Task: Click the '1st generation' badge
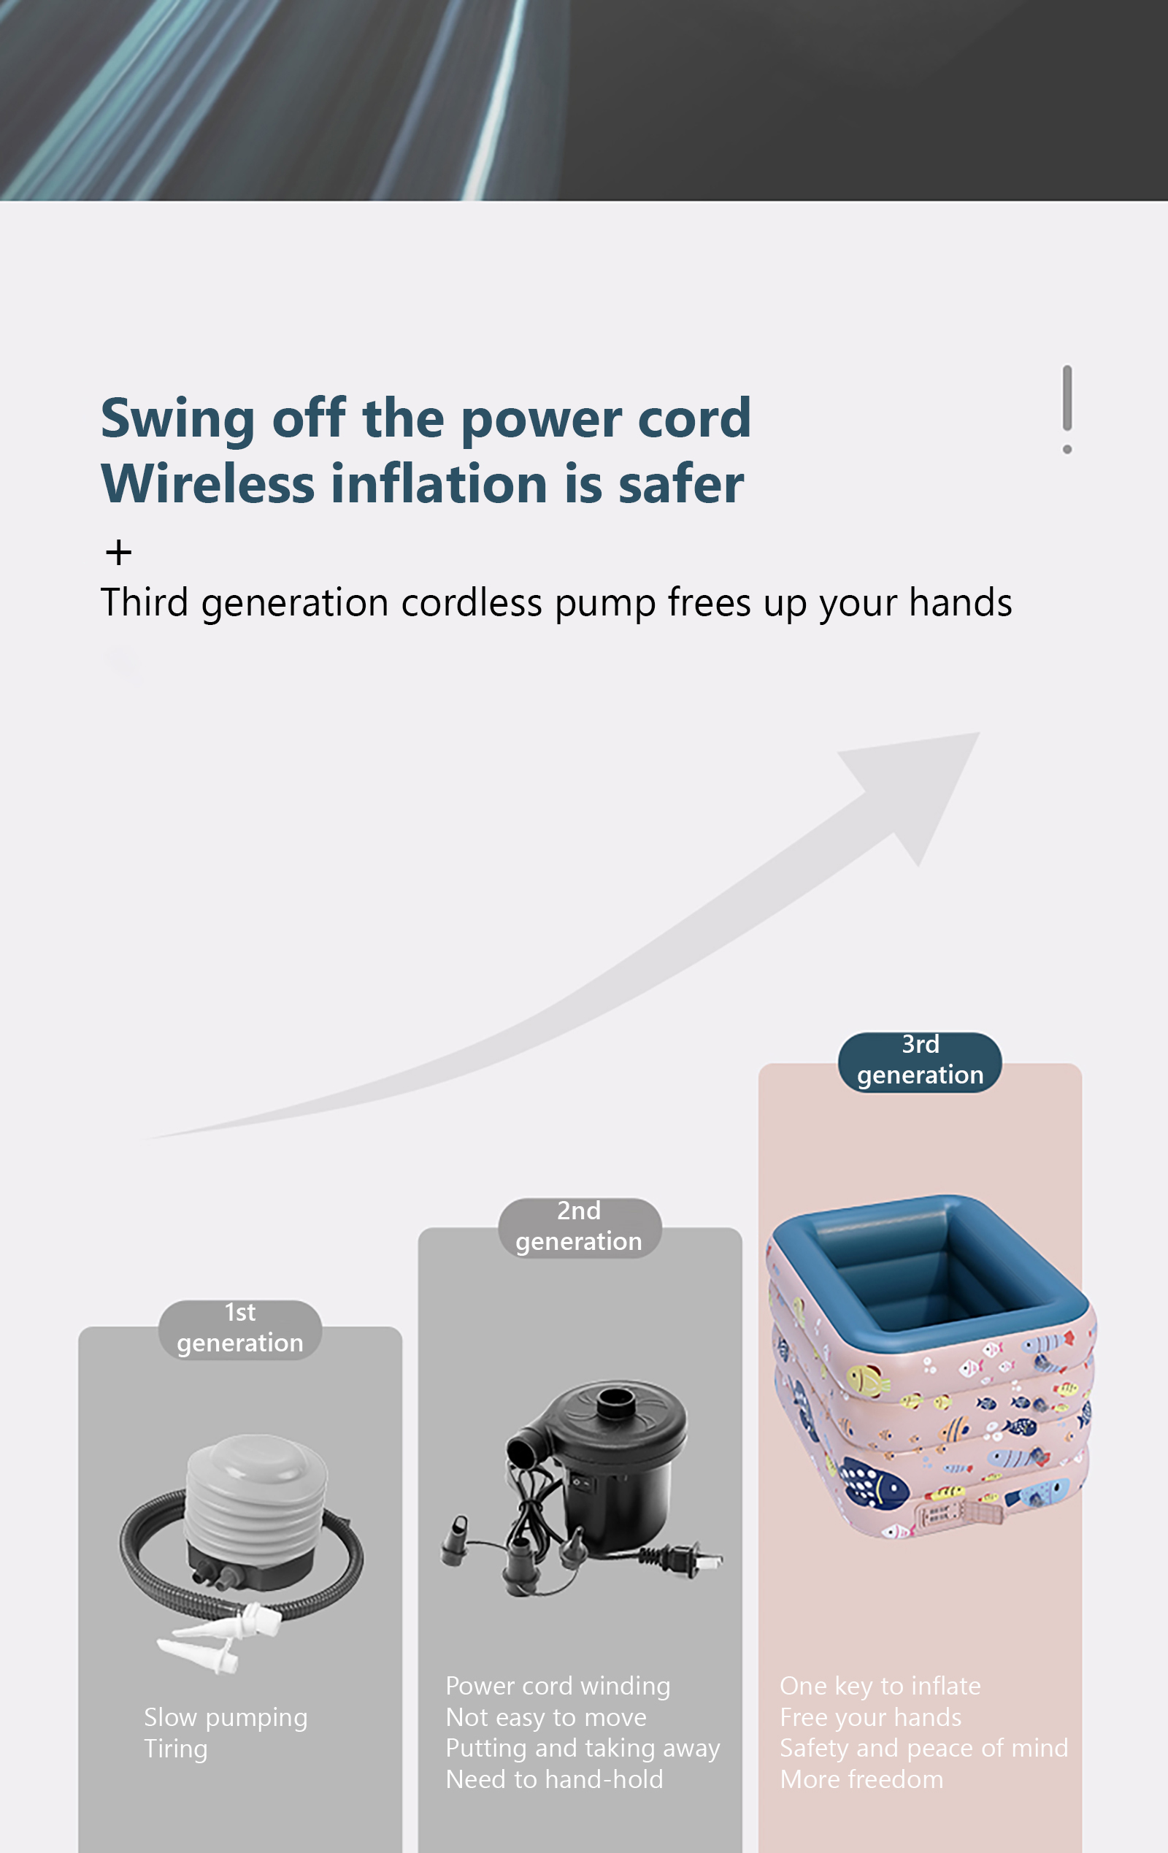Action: [240, 1329]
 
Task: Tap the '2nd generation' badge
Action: [580, 1227]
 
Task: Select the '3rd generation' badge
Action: [920, 1061]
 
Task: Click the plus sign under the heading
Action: [118, 552]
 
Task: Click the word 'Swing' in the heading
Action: [177, 419]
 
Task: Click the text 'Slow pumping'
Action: [226, 1717]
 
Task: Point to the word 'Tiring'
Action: [175, 1749]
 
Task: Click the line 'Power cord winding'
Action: [558, 1685]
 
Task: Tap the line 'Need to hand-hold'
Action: [554, 1779]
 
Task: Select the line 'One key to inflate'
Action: [880, 1686]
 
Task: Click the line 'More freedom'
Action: [861, 1779]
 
